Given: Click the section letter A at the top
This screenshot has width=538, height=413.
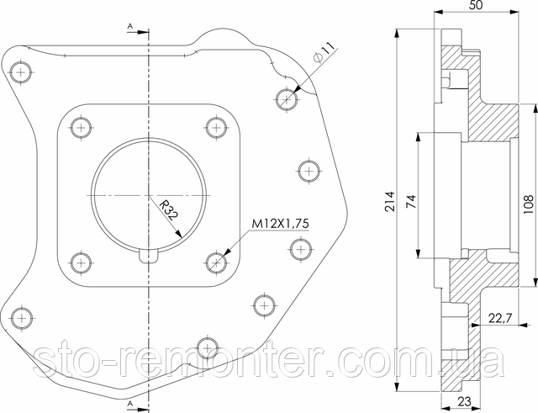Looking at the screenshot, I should [130, 27].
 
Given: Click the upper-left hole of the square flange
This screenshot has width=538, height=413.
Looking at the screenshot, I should [81, 129].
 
